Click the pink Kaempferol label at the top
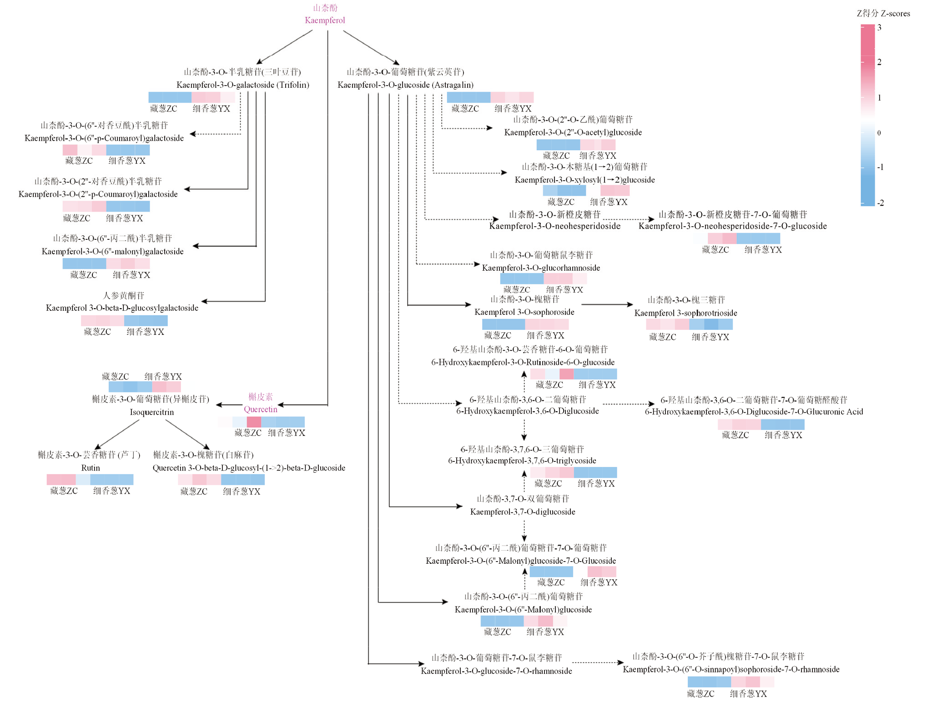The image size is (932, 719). [325, 20]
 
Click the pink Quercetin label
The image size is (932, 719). [260, 409]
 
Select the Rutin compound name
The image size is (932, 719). [91, 468]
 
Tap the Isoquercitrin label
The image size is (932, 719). [151, 412]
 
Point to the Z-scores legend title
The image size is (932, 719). [883, 14]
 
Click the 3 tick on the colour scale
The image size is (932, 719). [879, 27]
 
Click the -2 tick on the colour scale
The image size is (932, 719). [880, 203]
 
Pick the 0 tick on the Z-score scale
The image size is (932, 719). [879, 133]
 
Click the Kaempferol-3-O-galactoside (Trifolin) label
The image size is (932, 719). [242, 85]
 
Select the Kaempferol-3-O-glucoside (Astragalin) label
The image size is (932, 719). [405, 85]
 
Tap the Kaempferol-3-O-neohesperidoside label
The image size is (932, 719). [554, 226]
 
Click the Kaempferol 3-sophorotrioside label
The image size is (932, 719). [685, 313]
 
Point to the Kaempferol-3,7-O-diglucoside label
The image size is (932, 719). [522, 511]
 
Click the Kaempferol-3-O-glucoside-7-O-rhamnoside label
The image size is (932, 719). [496, 671]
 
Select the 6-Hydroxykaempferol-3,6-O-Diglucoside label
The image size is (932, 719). [527, 411]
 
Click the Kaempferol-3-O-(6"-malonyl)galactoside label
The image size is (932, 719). [112, 251]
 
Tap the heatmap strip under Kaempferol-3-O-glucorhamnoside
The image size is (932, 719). [543, 278]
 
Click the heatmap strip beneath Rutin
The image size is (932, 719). [90, 479]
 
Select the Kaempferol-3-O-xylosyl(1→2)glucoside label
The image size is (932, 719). [584, 180]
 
